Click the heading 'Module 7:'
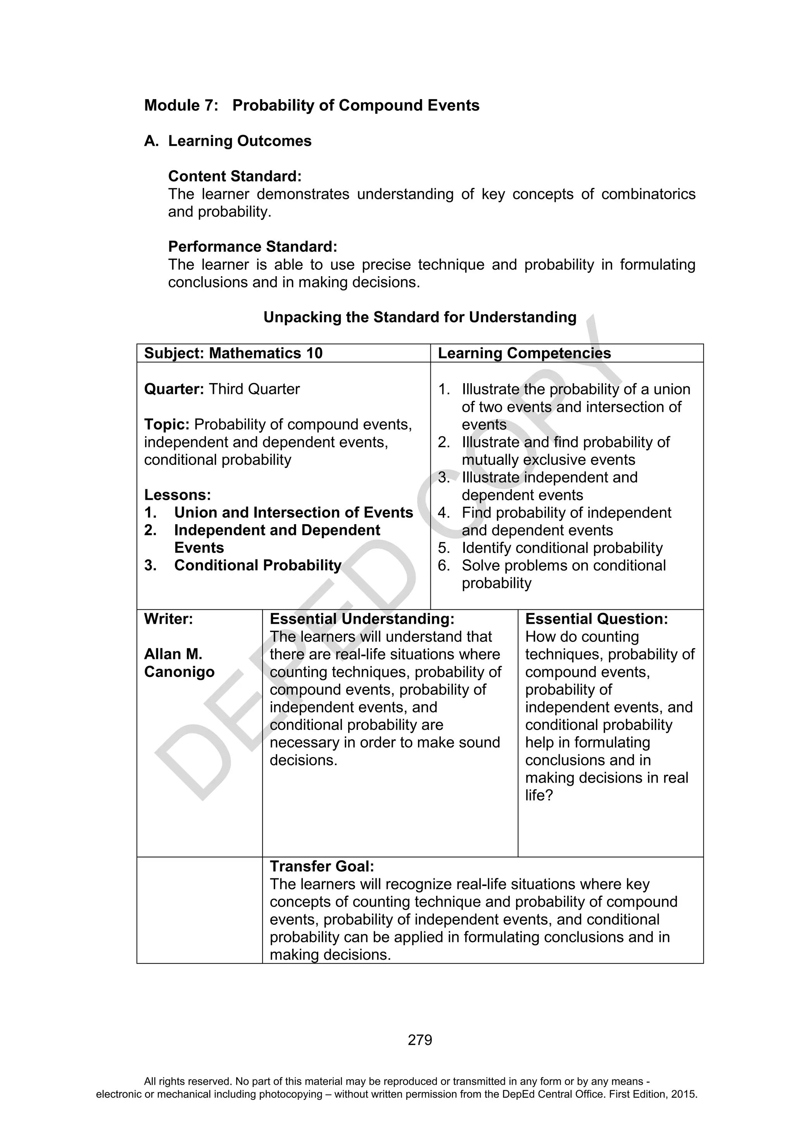(181, 105)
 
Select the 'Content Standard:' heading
(235, 176)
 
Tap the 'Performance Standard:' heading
(252, 247)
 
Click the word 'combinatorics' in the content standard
(648, 194)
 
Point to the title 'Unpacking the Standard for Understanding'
(419, 318)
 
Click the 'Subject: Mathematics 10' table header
(233, 353)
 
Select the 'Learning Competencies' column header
(524, 353)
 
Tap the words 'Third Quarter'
(254, 389)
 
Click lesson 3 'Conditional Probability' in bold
(258, 565)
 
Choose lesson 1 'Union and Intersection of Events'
(293, 513)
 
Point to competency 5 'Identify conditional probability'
(562, 548)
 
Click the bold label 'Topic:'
(167, 424)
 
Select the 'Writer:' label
(168, 619)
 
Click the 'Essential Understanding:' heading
(362, 619)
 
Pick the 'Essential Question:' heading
(596, 619)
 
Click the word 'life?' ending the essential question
(539, 795)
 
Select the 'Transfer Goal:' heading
(322, 866)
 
